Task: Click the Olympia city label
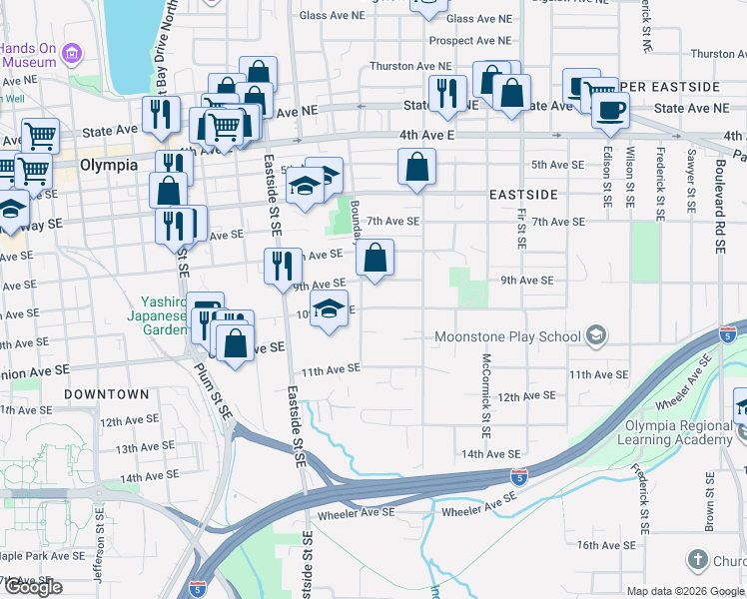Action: (x=110, y=165)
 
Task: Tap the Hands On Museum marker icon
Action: (x=71, y=53)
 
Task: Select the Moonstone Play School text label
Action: (x=507, y=336)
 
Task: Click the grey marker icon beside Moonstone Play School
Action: (x=596, y=334)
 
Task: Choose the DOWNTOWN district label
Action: (x=107, y=394)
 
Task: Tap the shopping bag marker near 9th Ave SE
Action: (x=374, y=260)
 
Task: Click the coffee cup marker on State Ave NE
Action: (x=610, y=109)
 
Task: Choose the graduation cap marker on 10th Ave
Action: (x=329, y=310)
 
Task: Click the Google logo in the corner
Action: (x=33, y=587)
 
